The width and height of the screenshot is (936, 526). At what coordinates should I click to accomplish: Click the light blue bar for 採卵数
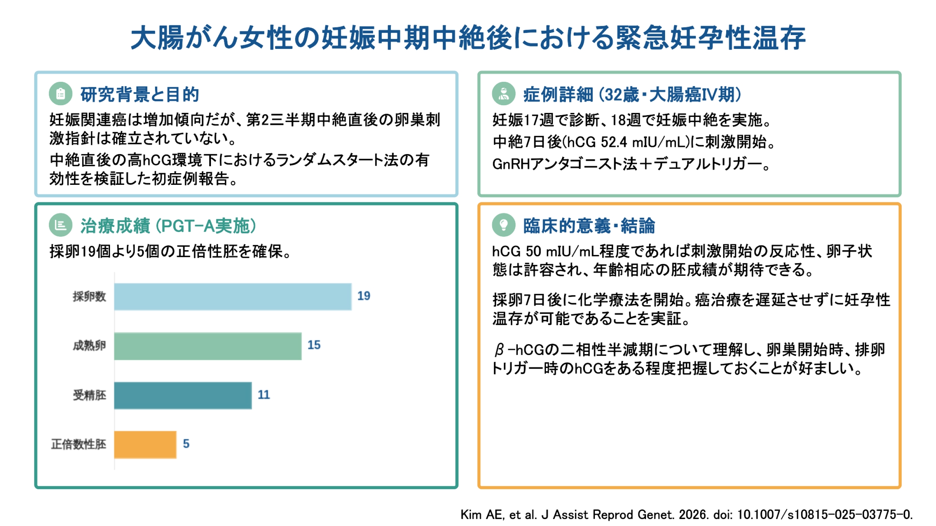point(233,297)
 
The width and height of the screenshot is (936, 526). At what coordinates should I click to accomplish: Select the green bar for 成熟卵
point(208,346)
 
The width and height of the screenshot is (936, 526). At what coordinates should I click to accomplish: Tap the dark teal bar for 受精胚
point(183,396)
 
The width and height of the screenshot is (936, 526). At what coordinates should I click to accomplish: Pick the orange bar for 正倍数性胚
point(145,445)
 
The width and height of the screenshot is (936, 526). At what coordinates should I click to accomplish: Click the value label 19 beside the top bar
point(363,296)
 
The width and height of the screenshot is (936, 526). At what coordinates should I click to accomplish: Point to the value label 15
point(314,345)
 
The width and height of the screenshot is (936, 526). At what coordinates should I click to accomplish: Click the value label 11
point(264,395)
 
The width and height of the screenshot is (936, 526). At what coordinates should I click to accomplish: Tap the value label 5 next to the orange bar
point(186,444)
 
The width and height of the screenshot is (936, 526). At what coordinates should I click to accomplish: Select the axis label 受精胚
point(89,395)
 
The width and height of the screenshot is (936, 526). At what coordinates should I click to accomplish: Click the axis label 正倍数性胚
point(79,445)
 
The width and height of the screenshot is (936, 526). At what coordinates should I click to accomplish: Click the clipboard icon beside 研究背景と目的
point(61,94)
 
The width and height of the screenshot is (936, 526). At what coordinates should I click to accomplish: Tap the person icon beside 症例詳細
point(504,94)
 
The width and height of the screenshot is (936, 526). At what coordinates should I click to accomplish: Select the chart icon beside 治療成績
point(61,225)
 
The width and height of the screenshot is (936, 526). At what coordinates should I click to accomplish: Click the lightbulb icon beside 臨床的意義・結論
point(504,225)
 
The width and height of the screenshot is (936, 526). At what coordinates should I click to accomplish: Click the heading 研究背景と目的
point(139,95)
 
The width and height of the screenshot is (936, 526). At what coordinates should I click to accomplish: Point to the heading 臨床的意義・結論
point(589,226)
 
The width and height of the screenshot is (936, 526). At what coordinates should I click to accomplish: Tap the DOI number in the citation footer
point(824,515)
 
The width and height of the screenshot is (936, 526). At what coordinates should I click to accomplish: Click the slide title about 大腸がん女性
point(468,38)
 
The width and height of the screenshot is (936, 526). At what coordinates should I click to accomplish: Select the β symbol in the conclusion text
point(499,350)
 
